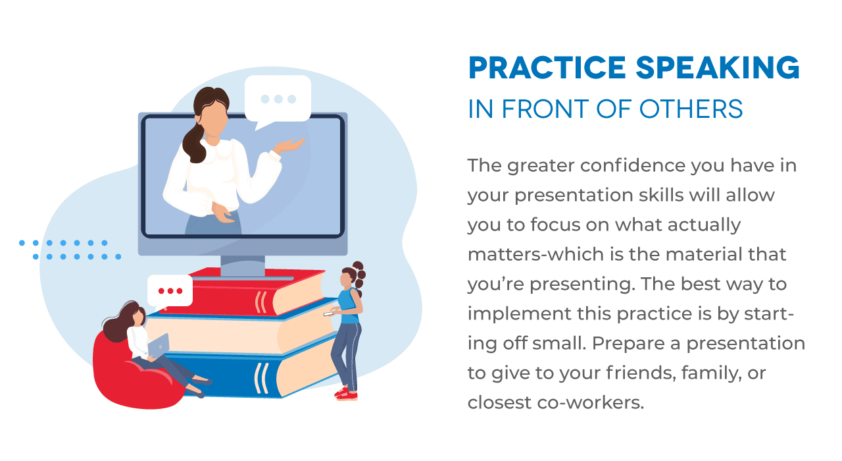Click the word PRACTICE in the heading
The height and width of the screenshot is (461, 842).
[547, 68]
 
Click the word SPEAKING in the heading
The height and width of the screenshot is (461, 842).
[718, 68]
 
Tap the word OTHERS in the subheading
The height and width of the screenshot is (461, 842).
[691, 109]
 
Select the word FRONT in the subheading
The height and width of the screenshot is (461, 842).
[545, 109]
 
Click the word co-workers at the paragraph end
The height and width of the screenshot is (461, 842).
[590, 402]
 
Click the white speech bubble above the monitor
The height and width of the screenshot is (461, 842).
[278, 100]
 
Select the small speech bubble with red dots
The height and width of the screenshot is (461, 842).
[170, 291]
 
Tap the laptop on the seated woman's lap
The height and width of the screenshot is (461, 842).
[159, 345]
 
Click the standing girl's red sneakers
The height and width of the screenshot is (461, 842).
[346, 393]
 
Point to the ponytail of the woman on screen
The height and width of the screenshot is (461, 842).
[193, 144]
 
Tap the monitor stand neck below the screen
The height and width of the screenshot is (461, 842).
[243, 265]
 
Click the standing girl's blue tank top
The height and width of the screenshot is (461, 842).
[349, 306]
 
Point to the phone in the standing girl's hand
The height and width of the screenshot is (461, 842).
[328, 313]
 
